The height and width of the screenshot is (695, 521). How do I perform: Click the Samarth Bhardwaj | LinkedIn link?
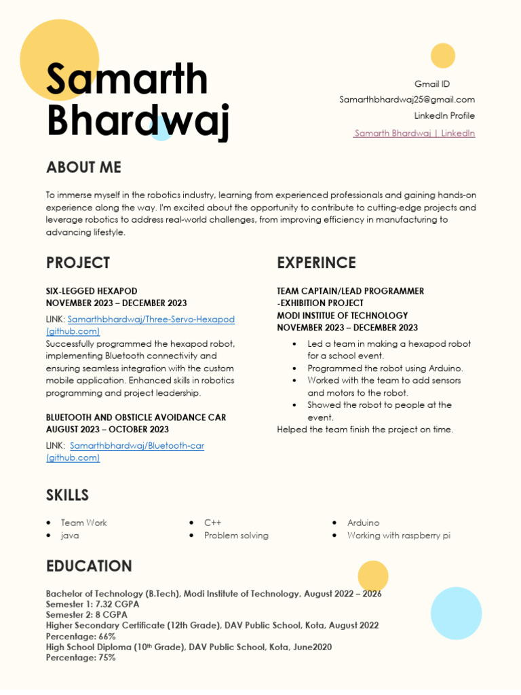[x=414, y=133]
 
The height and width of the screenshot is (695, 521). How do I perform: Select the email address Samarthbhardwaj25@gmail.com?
[x=407, y=100]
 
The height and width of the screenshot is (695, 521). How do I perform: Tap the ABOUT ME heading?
[x=83, y=168]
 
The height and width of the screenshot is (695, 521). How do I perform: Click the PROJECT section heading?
[x=78, y=263]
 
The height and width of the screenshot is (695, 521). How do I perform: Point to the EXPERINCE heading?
[x=316, y=263]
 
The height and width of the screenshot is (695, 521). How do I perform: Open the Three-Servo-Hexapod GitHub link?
[x=151, y=319]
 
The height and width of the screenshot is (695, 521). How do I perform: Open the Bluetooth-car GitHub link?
[x=136, y=445]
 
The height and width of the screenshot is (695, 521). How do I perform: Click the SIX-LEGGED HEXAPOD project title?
[x=92, y=290]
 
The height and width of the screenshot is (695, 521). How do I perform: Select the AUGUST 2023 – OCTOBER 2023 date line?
[x=107, y=429]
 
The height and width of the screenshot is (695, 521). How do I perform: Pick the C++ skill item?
[x=213, y=523]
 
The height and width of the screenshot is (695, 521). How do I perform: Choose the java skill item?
[x=70, y=536]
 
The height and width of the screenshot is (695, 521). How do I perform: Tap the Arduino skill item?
[x=363, y=523]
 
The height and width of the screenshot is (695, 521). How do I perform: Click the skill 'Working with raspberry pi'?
[x=398, y=536]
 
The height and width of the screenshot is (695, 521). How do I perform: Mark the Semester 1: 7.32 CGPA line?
[x=92, y=604]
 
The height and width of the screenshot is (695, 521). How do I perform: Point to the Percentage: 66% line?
[x=81, y=637]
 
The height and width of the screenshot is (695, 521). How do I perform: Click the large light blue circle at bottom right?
[x=456, y=614]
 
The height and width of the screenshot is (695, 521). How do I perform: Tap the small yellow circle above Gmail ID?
[x=443, y=56]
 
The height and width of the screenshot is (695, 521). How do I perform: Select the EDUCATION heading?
[x=89, y=566]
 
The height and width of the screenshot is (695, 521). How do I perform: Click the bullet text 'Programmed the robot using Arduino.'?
[x=385, y=369]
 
